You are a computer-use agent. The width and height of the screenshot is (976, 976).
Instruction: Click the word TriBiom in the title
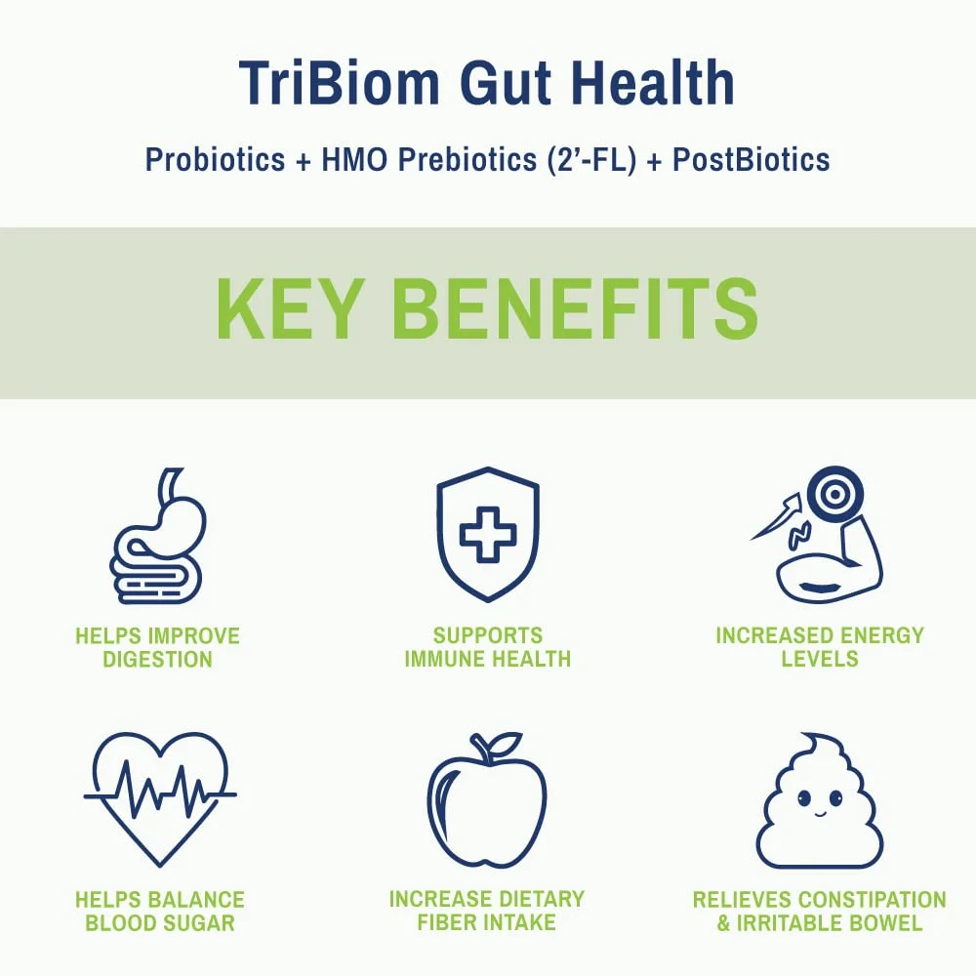click(x=340, y=83)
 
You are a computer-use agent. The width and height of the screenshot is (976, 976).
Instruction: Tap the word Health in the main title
click(x=654, y=82)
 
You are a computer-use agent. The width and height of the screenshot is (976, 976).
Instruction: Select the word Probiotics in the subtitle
click(x=215, y=159)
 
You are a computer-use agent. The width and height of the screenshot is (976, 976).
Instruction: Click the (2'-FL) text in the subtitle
click(x=592, y=160)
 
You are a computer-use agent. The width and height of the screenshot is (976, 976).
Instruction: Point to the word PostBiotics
click(x=752, y=159)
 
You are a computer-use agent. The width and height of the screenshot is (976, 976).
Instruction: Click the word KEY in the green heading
click(x=290, y=308)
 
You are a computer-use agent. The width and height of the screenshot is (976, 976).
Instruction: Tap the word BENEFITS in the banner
click(x=576, y=308)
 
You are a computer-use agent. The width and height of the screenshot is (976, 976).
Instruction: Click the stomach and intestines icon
click(x=157, y=536)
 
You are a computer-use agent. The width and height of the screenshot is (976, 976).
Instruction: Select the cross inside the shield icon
click(x=488, y=535)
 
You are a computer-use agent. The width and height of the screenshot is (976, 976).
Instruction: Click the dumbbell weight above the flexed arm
click(x=835, y=495)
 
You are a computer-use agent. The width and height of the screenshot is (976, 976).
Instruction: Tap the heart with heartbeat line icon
click(x=160, y=799)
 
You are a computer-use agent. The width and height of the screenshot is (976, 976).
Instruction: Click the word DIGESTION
click(x=157, y=659)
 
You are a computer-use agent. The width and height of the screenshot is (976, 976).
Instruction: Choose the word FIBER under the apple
click(x=447, y=922)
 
